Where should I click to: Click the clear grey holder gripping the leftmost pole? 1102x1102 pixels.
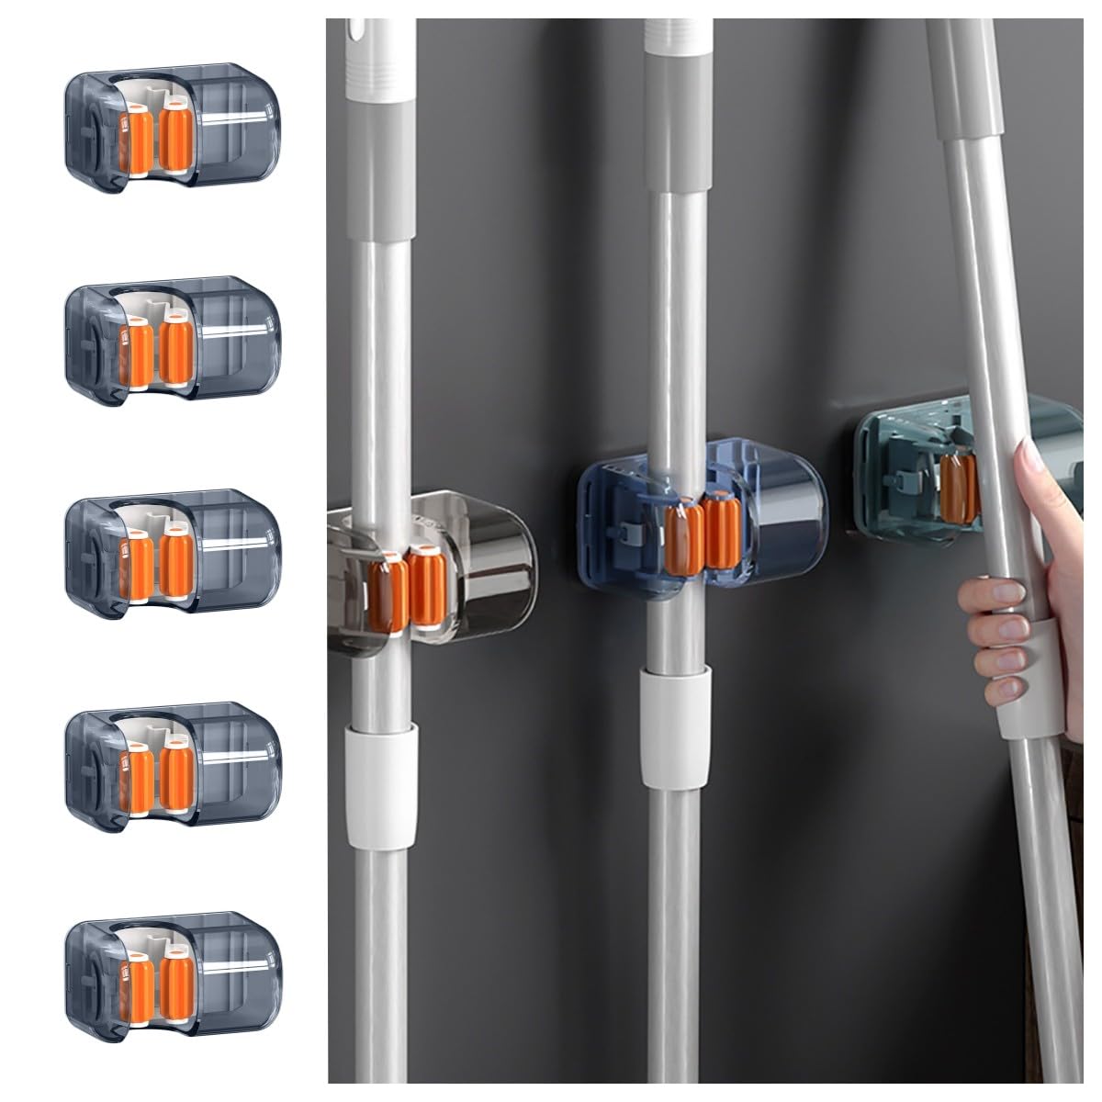pyautogui.click(x=432, y=569)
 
